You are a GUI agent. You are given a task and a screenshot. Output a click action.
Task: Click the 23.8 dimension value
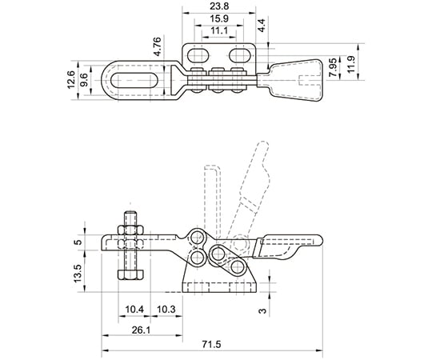[218, 6]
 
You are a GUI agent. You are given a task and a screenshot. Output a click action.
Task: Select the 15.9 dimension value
[218, 19]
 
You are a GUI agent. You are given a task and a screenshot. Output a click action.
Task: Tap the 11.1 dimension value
[218, 31]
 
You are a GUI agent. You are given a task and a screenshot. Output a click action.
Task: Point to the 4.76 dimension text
[158, 47]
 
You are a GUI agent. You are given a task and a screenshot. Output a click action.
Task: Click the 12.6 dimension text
[71, 80]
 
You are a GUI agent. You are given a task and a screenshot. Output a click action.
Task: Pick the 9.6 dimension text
[84, 80]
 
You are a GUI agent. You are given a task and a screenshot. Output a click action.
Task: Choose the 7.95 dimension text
[334, 67]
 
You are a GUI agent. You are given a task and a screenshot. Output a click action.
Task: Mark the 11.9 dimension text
[350, 64]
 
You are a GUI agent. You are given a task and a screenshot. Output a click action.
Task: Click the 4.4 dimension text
[262, 26]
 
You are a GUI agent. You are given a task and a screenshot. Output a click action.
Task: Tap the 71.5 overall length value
[211, 344]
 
